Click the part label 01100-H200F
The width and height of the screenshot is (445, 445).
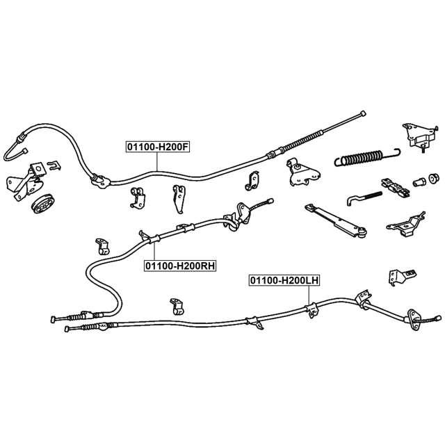pyautogui.click(x=158, y=147)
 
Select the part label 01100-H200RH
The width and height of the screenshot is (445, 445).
pyautogui.click(x=180, y=266)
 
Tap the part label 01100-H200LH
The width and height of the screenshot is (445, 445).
pyautogui.click(x=284, y=280)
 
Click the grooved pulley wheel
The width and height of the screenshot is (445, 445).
pyautogui.click(x=43, y=204)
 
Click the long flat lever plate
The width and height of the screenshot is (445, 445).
pyautogui.click(x=336, y=220)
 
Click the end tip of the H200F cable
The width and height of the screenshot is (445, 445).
pyautogui.click(x=362, y=113)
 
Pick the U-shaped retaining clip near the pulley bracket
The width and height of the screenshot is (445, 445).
pyautogui.click(x=54, y=165)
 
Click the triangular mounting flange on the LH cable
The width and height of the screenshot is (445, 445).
pyautogui.click(x=414, y=319)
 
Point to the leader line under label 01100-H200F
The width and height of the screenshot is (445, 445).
pyautogui.click(x=157, y=161)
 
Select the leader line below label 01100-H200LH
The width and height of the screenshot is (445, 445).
pyautogui.click(x=309, y=295)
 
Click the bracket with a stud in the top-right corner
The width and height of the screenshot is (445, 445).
pyautogui.click(x=419, y=136)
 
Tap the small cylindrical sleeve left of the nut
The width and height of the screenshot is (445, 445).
pyautogui.click(x=419, y=181)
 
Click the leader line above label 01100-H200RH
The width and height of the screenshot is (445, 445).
pyautogui.click(x=154, y=252)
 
